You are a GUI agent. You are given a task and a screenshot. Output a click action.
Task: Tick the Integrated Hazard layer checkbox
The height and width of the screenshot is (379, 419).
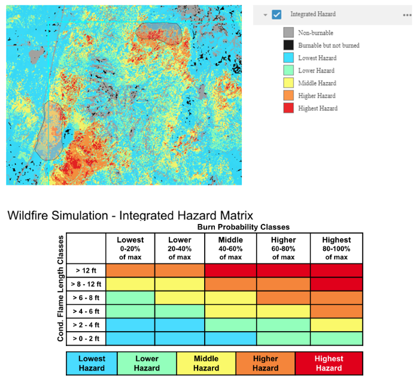coord(277,14)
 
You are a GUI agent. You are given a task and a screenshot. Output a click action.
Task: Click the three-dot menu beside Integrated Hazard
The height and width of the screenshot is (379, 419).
coord(407,14)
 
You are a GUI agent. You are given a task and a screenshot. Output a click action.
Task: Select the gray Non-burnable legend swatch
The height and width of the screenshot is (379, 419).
coord(289,33)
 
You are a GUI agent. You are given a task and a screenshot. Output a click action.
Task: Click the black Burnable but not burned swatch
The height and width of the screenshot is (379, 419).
coord(289,46)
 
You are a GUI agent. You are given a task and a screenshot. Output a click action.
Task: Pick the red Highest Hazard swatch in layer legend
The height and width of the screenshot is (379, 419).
coord(289,108)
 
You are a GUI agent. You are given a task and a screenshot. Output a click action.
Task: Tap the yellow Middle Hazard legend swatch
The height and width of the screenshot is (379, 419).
coord(289,83)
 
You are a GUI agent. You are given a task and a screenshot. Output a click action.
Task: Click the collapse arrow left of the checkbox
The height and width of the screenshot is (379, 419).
coord(265,15)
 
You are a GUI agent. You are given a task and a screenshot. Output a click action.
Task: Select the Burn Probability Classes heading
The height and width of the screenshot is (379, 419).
coord(244,228)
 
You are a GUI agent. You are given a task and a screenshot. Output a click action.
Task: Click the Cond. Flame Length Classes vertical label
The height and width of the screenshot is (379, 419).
coord(60,289)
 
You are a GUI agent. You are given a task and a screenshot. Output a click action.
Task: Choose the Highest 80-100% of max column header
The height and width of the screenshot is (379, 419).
coord(336,248)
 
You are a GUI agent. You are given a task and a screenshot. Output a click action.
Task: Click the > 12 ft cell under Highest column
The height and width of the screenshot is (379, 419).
coord(336,270)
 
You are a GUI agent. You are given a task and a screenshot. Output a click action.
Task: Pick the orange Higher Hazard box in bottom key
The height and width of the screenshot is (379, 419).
coord(265,363)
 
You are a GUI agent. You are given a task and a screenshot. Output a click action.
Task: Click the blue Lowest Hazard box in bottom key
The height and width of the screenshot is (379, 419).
coord(92,363)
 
